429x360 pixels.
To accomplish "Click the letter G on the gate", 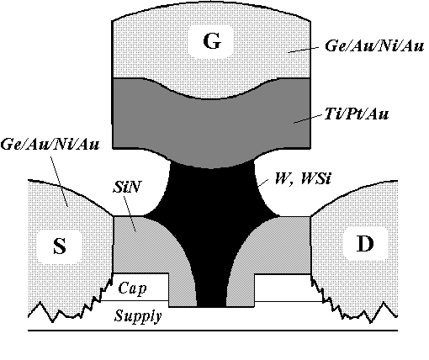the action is (x=212, y=41).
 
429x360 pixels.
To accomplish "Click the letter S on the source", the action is (x=60, y=246).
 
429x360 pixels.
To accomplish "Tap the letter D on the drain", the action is (x=365, y=243).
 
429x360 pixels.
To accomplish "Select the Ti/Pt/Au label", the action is (x=356, y=114).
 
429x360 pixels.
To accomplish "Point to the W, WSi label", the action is (x=303, y=178).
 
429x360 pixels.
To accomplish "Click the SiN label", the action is (x=126, y=187).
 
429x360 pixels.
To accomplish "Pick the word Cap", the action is (x=132, y=288).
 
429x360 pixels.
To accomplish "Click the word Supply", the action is (x=138, y=315).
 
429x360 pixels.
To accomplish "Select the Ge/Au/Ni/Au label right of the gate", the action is (x=374, y=45).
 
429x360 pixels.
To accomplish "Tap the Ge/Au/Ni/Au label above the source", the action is (x=50, y=145).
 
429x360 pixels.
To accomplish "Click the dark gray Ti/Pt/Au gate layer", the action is (x=211, y=124).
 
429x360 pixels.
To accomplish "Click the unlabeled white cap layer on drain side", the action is (x=286, y=288).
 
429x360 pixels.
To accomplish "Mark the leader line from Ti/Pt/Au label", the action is (x=308, y=119).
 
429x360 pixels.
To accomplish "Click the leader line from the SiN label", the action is (x=130, y=213).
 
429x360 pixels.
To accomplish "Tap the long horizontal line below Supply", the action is (x=213, y=331).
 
